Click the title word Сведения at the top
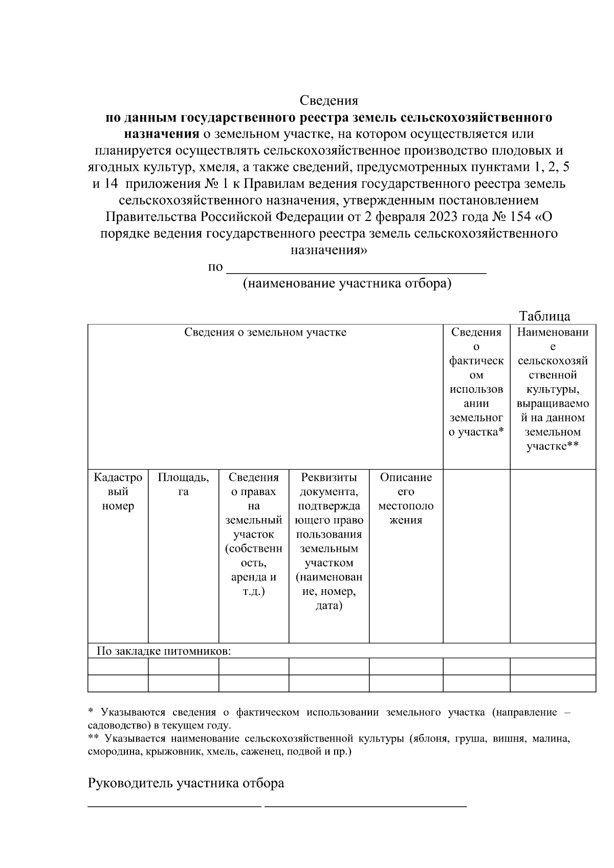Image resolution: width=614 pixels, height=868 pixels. pos(328,100)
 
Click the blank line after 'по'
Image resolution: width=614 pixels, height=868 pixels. pos(356,270)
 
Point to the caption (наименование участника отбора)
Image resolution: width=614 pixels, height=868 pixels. pos(347,284)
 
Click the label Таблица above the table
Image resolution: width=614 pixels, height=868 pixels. pos(544,316)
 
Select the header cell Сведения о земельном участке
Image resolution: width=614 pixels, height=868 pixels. pos(265,332)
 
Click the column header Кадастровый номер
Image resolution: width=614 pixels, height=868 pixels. pos(118,492)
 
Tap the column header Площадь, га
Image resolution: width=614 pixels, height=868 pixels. pos(183,484)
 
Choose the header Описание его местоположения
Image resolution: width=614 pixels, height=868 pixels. pos(406,498)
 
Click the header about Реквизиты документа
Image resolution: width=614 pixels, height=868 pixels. pos(328,541)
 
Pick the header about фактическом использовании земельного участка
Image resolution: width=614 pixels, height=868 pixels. pos(476,382)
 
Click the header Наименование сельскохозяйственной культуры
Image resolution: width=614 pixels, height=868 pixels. pos(553,389)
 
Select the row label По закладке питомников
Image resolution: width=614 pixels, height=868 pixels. pos(164,651)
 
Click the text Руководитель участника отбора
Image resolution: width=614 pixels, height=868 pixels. pos(186,784)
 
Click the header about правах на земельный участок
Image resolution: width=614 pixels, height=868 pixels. pos(254,534)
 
